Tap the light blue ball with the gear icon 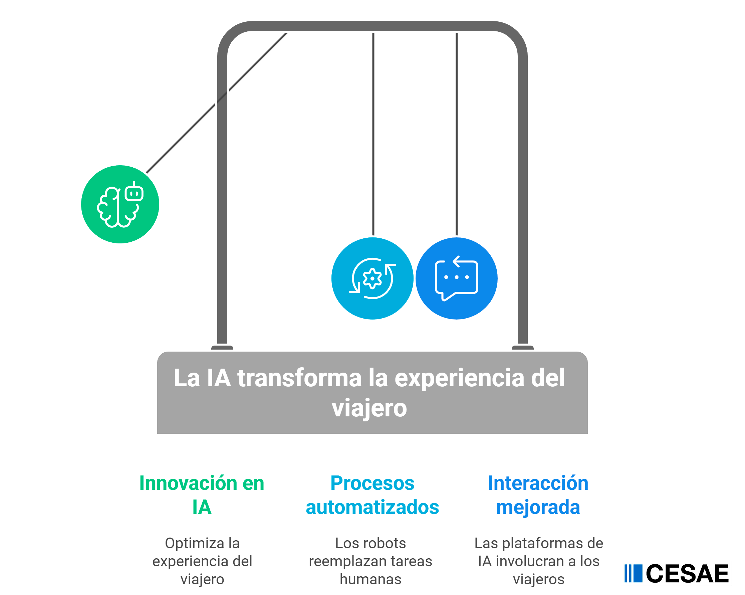pos(372,278)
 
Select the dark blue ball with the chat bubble pos(456,278)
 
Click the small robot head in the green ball pos(134,193)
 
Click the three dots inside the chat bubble pos(456,277)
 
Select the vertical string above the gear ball pos(373,131)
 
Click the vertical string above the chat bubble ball pos(457,131)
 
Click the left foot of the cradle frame pos(222,348)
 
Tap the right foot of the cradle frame pos(522,348)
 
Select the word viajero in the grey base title pos(369,408)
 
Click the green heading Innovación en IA pos(202,495)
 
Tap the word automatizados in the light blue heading pos(372,507)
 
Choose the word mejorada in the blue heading pos(538,507)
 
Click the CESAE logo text pos(687,574)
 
